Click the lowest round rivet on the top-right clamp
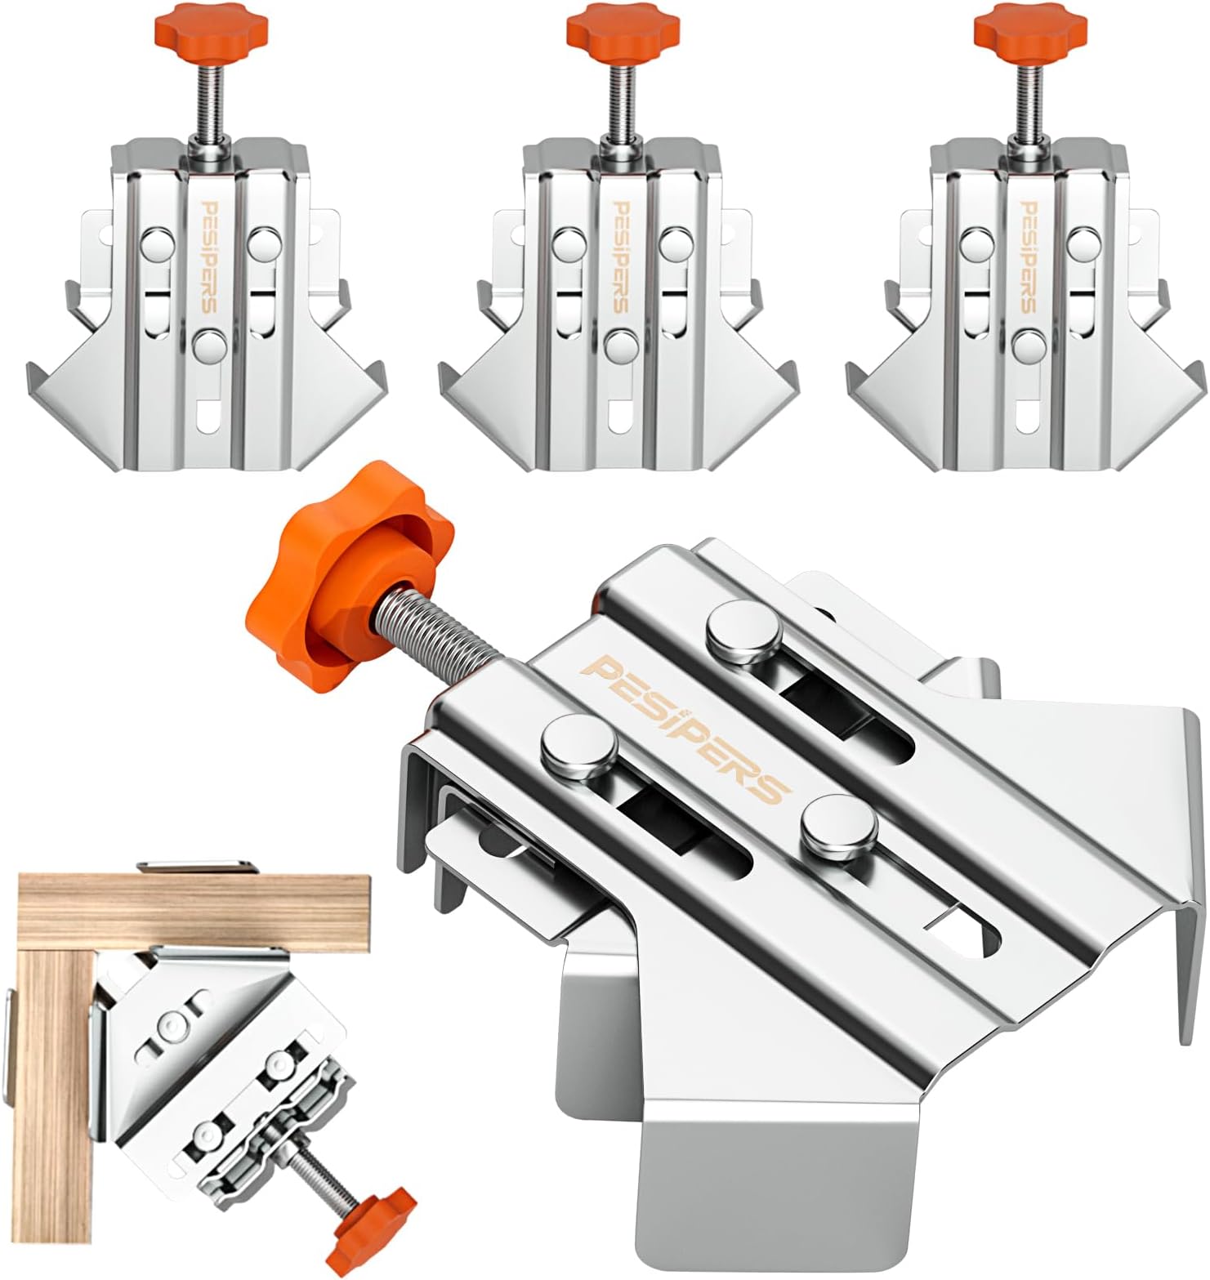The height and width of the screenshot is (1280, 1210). (1027, 345)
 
